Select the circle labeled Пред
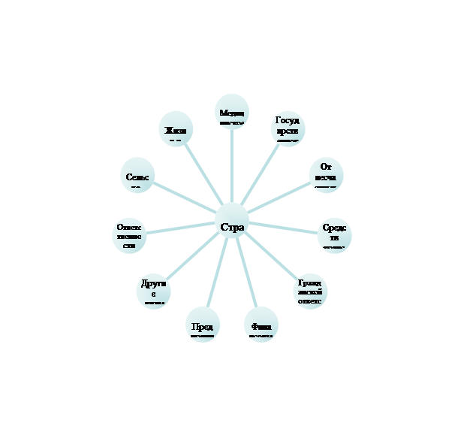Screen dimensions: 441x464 click(202, 325)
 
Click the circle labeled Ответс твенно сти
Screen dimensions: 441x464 click(129, 235)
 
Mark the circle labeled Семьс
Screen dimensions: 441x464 click(137, 176)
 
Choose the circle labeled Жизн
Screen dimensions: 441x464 click(176, 129)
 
